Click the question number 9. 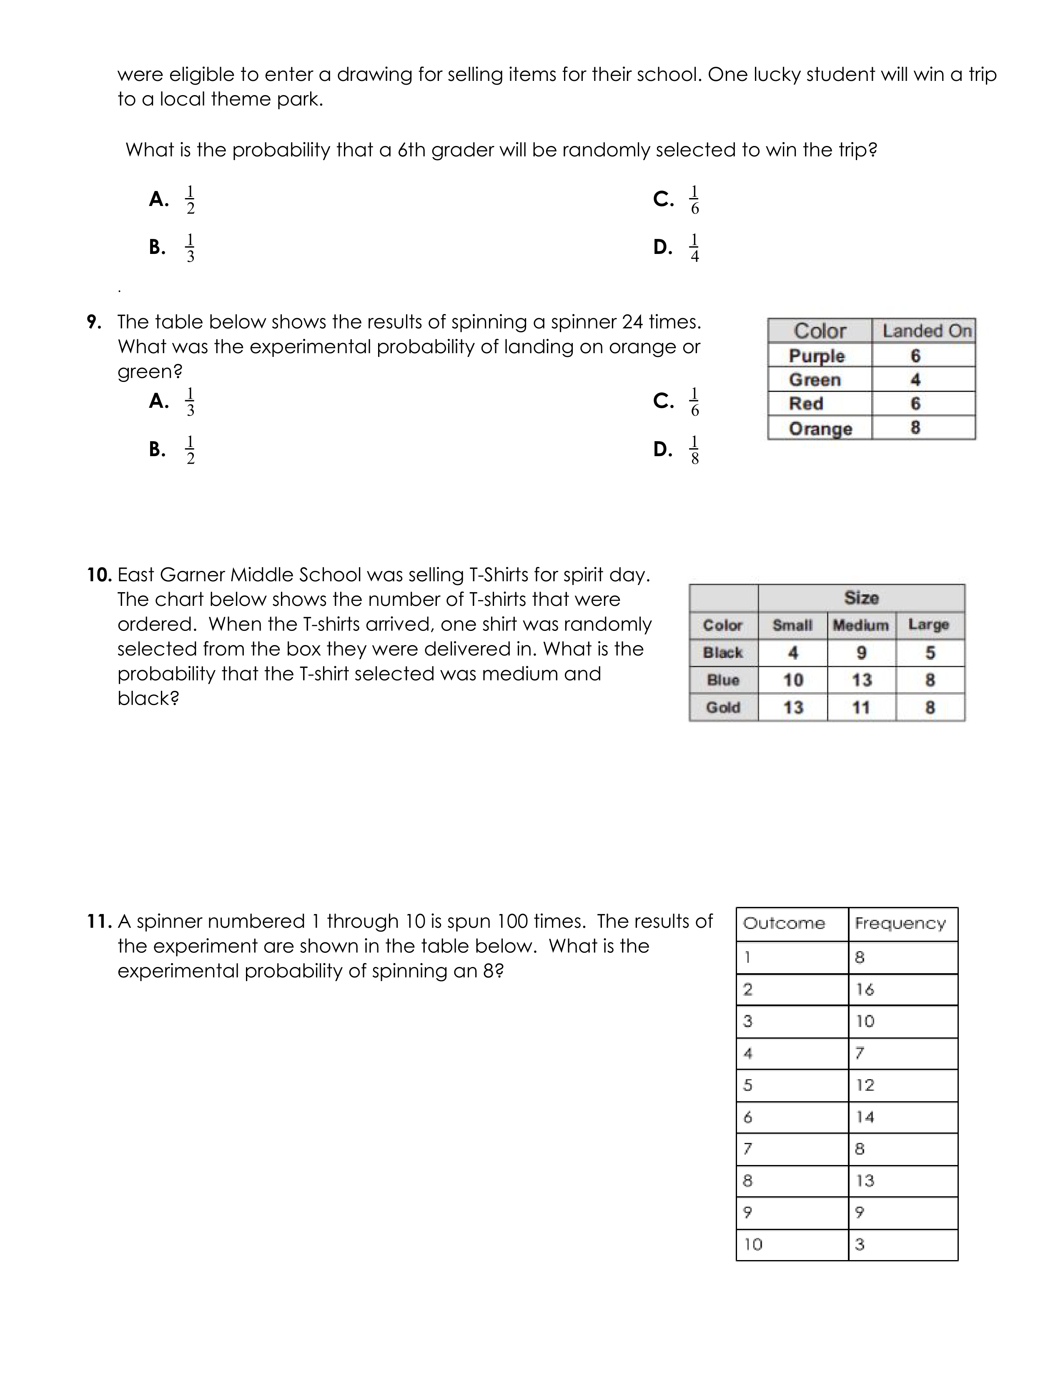(x=94, y=322)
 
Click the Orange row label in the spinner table (x=820, y=428)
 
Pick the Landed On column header (x=926, y=331)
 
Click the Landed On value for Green (x=915, y=380)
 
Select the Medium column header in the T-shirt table (x=860, y=625)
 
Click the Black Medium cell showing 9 (x=861, y=653)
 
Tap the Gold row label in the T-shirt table (x=723, y=708)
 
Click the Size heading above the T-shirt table (x=861, y=597)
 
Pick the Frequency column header (x=900, y=924)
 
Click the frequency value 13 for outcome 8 (x=865, y=1181)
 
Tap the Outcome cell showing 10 (x=753, y=1244)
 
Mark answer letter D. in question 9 (x=662, y=449)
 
